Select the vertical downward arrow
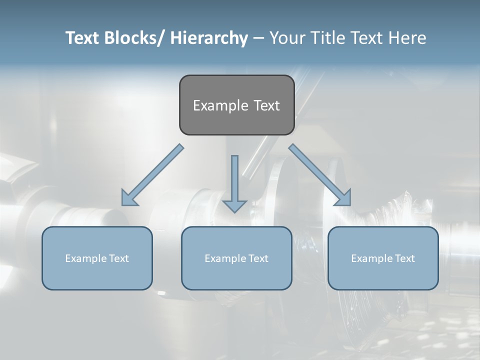(234, 182)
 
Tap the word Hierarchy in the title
(209, 38)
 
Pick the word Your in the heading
(285, 38)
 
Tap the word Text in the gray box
(265, 105)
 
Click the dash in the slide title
(258, 38)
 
